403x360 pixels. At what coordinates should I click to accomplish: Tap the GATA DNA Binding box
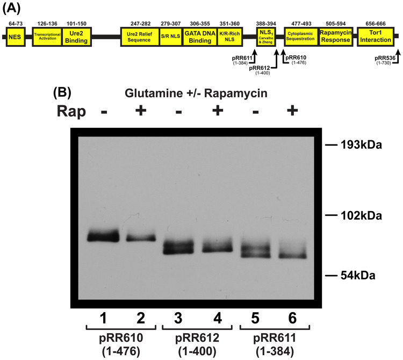pyautogui.click(x=197, y=36)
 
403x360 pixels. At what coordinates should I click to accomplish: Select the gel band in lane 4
pyautogui.click(x=218, y=246)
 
